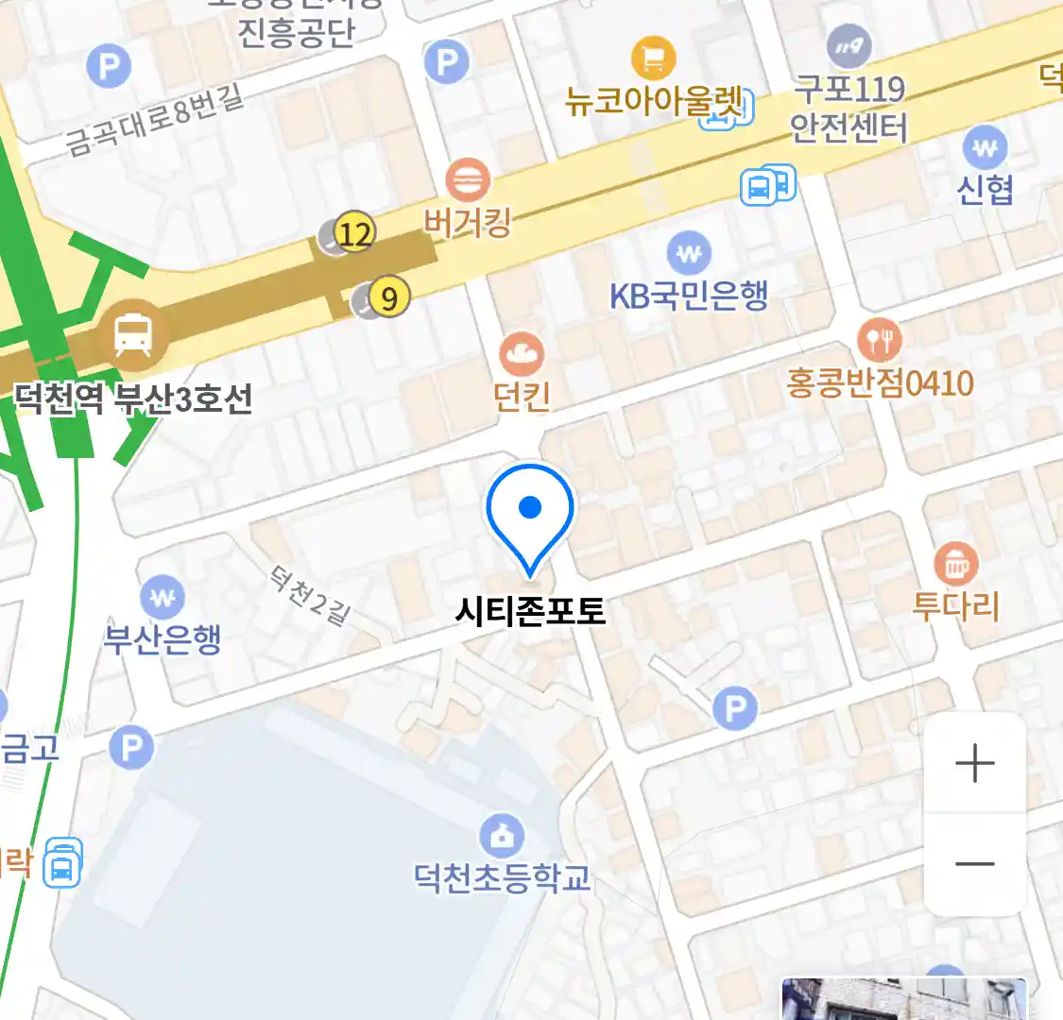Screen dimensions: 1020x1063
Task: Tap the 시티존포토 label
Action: [530, 611]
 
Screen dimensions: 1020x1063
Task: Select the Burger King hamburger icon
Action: [468, 179]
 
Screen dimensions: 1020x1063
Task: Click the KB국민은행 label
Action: [688, 296]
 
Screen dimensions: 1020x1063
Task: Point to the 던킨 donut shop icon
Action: [522, 355]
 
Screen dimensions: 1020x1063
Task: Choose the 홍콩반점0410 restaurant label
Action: [880, 383]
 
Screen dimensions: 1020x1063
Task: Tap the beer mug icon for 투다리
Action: [956, 565]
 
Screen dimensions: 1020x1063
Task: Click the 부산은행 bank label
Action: [163, 639]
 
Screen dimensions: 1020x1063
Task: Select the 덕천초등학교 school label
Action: [503, 877]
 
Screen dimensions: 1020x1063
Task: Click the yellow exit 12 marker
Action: [355, 232]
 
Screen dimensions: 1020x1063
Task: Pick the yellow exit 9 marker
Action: [388, 298]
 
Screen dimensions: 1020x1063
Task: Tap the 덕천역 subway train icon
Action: [132, 335]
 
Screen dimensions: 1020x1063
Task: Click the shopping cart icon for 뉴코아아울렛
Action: [653, 59]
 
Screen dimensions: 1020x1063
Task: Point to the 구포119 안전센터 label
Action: [849, 109]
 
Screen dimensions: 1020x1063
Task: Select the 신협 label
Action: [985, 190]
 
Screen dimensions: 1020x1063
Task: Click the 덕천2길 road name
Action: [310, 595]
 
